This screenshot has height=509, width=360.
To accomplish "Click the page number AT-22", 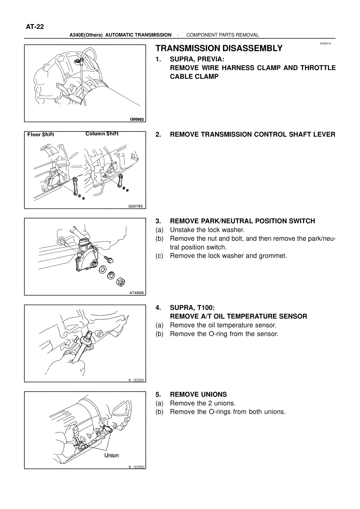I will (35, 27).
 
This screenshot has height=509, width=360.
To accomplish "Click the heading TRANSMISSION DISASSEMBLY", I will (219, 48).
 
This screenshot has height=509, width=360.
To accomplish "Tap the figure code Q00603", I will (136, 119).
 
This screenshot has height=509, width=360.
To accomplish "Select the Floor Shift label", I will (41, 135).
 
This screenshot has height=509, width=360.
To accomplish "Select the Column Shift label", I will (102, 134).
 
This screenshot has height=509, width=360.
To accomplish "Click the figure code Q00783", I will (135, 206).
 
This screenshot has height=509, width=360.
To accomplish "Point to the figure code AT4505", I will (136, 293).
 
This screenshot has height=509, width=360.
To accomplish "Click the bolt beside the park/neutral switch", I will (109, 259).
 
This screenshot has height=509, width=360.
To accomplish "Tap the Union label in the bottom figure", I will (111, 455).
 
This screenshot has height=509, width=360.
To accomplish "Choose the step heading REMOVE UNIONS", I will (198, 394).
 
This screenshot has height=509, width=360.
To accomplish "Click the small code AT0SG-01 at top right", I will (326, 44).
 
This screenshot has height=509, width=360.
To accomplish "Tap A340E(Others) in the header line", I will (86, 35).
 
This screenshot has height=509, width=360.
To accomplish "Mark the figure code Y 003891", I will (136, 380).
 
